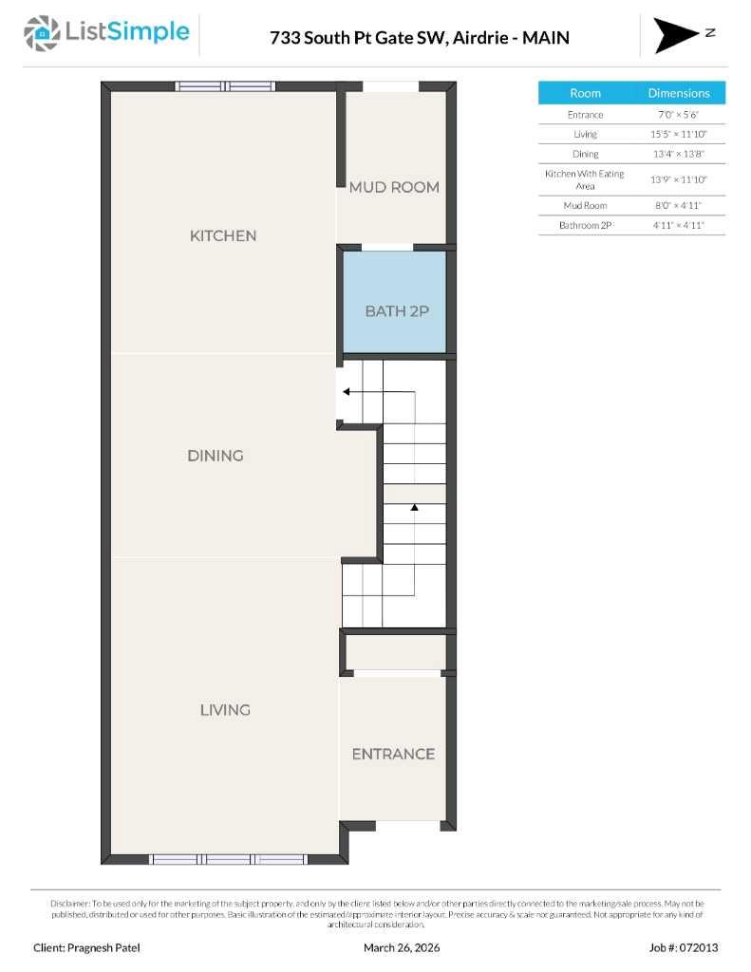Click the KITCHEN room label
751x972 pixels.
point(223,235)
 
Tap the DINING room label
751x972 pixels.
point(216,456)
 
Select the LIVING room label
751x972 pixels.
point(225,710)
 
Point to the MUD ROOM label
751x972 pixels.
point(394,187)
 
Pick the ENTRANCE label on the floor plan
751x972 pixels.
point(393,754)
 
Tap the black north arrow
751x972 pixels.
point(676,35)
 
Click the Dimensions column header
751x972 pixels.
point(679,93)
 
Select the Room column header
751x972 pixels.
point(585,93)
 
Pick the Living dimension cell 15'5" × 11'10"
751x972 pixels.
point(679,134)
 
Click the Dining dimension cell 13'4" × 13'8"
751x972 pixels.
point(679,154)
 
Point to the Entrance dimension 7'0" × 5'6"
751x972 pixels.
point(679,115)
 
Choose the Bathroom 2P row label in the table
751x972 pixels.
point(585,225)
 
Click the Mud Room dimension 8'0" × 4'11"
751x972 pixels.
point(679,205)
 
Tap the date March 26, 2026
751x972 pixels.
point(402,947)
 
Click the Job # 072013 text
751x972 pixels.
point(684,947)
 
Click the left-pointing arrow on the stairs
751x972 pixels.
point(347,391)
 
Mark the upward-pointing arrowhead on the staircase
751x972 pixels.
point(414,508)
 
